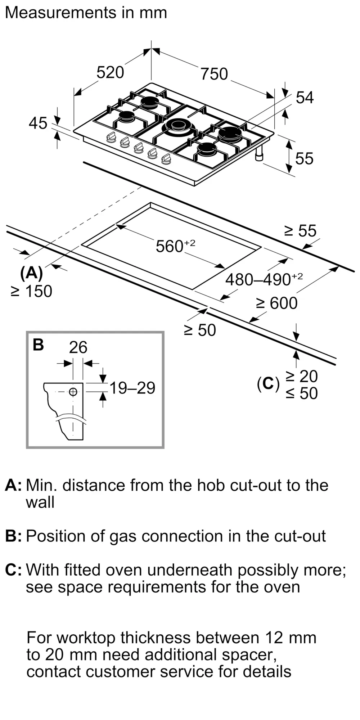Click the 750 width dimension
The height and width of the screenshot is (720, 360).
214,74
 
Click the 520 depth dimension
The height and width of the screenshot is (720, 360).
110,72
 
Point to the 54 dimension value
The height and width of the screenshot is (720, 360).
305,98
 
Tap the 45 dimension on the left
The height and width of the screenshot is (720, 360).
38,123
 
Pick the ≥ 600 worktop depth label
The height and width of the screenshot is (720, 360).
276,303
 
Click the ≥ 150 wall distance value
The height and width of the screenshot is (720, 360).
32,291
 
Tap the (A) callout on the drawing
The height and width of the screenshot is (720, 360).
32,274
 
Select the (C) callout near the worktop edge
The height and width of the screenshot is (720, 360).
268,384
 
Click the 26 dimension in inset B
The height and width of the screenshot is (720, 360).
78,347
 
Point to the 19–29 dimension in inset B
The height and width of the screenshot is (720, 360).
132,388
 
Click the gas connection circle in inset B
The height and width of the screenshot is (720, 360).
73,392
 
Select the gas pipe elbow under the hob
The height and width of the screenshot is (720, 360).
259,154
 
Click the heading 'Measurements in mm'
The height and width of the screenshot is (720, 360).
86,13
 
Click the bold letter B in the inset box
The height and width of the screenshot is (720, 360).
38,345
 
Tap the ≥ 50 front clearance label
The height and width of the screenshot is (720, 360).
200,330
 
